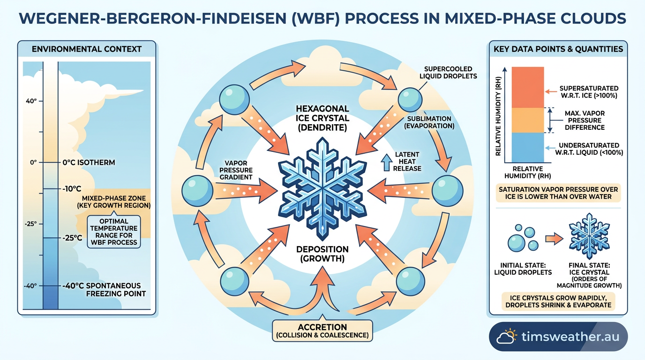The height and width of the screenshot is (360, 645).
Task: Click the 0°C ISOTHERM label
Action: pyautogui.click(x=89, y=163)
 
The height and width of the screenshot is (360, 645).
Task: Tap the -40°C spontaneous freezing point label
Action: pyautogui.click(x=104, y=290)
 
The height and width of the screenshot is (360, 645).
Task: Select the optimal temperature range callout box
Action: pyautogui.click(x=114, y=232)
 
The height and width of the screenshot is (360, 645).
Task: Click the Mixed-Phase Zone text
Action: pyautogui.click(x=114, y=202)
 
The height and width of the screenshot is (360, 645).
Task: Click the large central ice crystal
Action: pyautogui.click(x=322, y=189)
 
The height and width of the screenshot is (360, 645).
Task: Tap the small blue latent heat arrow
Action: pyautogui.click(x=386, y=163)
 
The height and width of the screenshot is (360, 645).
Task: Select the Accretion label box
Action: pyautogui.click(x=322, y=331)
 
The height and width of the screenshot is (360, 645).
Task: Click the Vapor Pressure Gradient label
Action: pyautogui.click(x=236, y=170)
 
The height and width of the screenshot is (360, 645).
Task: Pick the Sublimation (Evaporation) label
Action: pyautogui.click(x=429, y=122)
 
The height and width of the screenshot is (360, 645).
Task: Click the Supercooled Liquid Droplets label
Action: pyautogui.click(x=448, y=73)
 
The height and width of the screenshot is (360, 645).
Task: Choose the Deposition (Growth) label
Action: pyautogui.click(x=322, y=254)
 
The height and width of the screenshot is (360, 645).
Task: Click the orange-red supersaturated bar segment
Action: pyautogui.click(x=527, y=87)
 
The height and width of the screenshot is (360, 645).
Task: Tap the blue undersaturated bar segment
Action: pyautogui.click(x=527, y=148)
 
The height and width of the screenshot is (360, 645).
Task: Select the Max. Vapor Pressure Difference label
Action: pyautogui.click(x=585, y=120)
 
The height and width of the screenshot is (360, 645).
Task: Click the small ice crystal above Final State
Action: pyautogui.click(x=589, y=236)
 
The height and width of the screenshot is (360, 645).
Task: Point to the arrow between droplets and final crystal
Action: pyautogui.click(x=554, y=239)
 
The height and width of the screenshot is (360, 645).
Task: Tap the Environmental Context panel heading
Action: pyautogui.click(x=87, y=49)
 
